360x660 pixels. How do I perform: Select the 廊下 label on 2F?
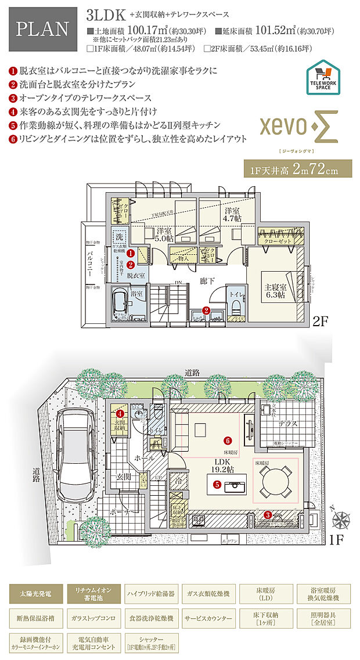(x=207, y=281)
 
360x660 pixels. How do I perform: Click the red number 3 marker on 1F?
(x=267, y=514)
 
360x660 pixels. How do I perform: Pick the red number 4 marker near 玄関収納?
(x=120, y=414)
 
